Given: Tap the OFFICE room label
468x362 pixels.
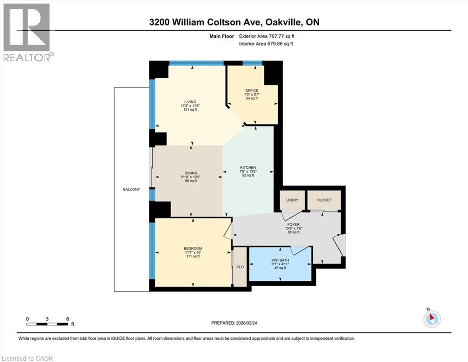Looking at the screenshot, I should click(252, 90).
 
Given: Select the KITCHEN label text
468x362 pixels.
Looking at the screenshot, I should click(247, 168).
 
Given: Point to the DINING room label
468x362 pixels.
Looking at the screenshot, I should click(191, 173).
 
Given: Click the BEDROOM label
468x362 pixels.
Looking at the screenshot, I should click(193, 249).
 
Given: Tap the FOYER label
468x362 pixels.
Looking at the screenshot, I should click(293, 225).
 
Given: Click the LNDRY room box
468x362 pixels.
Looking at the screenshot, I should click(292, 200).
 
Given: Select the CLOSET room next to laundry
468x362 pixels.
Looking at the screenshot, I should click(324, 200).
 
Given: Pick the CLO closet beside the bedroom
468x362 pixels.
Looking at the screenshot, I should click(240, 266).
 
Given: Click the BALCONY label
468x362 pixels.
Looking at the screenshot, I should click(131, 189).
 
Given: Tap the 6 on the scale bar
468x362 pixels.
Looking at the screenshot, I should click(67, 319).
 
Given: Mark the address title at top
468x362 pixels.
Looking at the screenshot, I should click(234, 22).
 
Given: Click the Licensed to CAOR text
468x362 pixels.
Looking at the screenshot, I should click(27, 358).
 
